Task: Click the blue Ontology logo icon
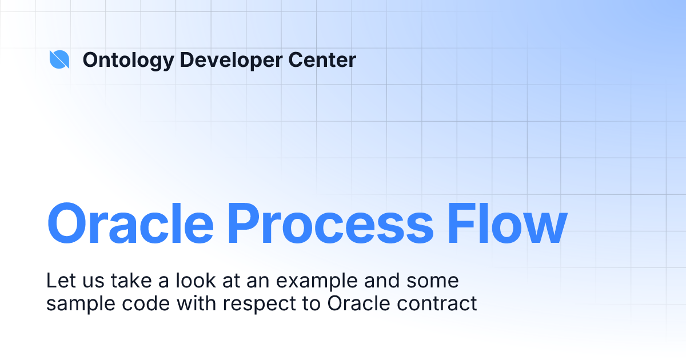59,59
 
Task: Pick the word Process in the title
330,223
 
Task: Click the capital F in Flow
463,223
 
